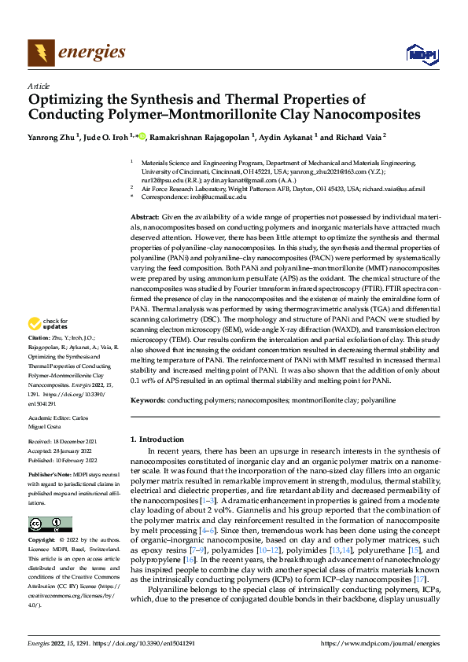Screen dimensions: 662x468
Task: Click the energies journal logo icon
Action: (39, 53)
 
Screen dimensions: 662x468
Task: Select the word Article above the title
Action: (38, 86)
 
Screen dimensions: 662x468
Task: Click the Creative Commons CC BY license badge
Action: (50, 524)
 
